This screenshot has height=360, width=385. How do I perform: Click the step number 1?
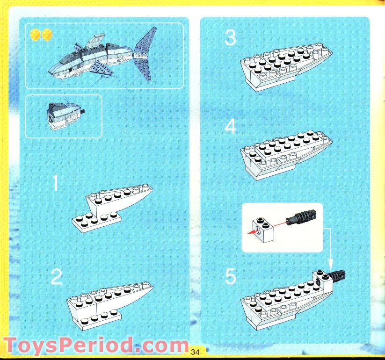coord(56,183)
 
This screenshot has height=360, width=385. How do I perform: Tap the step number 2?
coord(56,277)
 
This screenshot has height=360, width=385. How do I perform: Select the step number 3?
coord(230,38)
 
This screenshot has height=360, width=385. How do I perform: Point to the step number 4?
coord(230,127)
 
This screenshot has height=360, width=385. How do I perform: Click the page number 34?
coord(195,352)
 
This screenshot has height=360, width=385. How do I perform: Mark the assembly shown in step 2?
coord(110,303)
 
